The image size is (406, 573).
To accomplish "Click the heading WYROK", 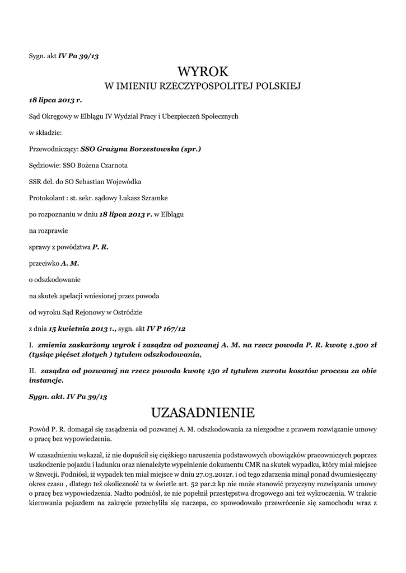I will (203, 72).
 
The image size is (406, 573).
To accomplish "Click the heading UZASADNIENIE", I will (203, 413).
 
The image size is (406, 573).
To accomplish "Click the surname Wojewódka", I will (122, 182).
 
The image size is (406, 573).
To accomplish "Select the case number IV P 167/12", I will (166, 328).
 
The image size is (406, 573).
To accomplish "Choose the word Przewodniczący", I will (53, 149).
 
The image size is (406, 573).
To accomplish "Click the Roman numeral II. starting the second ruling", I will (32, 370).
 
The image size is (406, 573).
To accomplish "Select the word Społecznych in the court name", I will (220, 116).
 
